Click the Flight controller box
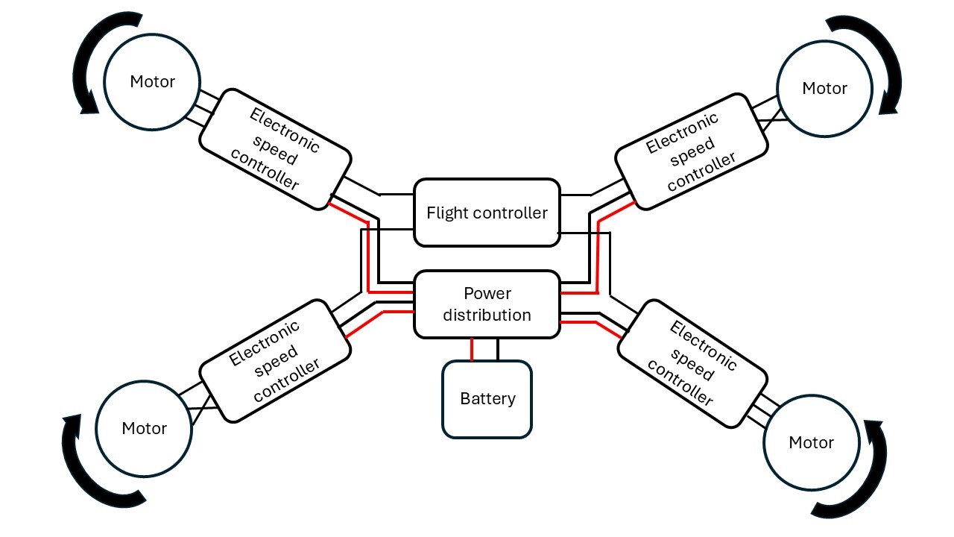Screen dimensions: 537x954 tap(487, 213)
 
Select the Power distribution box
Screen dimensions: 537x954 tap(487, 304)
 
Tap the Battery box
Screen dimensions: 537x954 tap(487, 399)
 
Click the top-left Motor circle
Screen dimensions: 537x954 tap(152, 81)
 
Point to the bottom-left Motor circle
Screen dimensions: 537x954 tap(144, 428)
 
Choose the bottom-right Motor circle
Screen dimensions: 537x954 tap(811, 442)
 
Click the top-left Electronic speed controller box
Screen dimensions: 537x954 tap(275, 150)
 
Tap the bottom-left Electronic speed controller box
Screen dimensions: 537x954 tap(275, 361)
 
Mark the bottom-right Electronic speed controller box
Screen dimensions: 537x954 tap(692, 363)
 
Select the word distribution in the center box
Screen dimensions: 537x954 tap(487, 315)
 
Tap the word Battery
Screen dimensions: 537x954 tap(487, 398)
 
